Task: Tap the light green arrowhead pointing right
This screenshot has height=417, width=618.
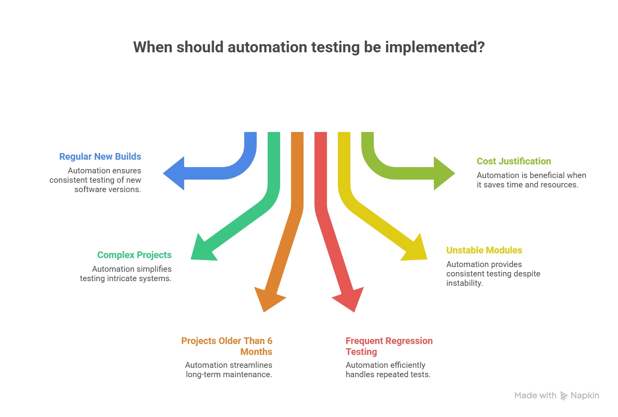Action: click(x=443, y=173)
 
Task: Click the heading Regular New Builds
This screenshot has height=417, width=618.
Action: click(x=100, y=157)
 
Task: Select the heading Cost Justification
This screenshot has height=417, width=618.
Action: click(x=513, y=161)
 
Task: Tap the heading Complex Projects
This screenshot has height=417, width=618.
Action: click(x=134, y=255)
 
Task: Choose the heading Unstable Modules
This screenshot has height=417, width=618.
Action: click(x=484, y=250)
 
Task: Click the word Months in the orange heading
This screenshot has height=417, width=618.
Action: click(x=256, y=352)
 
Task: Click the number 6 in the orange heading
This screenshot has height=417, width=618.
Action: click(x=270, y=341)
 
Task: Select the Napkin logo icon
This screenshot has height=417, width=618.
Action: click(x=564, y=396)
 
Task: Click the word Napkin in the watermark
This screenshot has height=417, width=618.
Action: click(x=584, y=396)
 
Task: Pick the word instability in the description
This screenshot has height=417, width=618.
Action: click(x=464, y=283)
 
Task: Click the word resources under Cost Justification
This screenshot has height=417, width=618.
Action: click(x=559, y=185)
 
